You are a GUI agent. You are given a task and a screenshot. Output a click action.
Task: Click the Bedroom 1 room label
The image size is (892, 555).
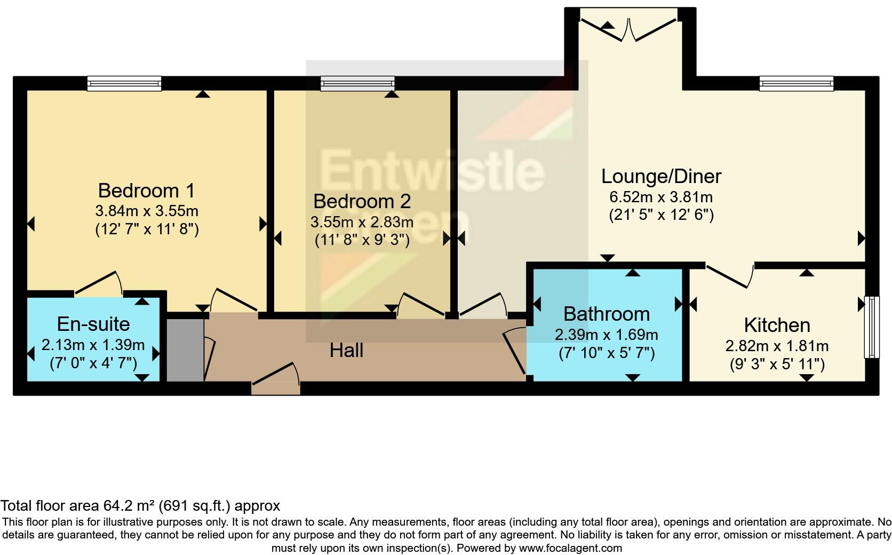click(146, 190)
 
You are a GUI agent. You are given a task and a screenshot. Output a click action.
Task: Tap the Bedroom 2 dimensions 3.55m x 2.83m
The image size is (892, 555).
click(362, 221)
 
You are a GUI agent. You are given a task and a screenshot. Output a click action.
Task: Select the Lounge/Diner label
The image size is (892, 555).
click(661, 176)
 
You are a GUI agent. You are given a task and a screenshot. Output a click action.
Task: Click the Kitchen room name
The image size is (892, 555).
click(777, 324)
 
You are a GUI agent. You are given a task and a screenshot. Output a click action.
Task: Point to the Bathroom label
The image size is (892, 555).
click(607, 314)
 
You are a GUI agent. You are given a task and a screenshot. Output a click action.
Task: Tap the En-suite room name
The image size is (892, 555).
click(93, 323)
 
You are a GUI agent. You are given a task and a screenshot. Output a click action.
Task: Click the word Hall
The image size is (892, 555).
click(346, 350)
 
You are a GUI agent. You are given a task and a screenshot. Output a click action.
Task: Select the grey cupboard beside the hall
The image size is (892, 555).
click(185, 350)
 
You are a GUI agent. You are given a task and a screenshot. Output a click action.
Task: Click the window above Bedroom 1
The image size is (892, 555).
click(124, 83)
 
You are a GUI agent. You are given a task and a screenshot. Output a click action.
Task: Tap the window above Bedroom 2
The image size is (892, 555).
click(357, 83)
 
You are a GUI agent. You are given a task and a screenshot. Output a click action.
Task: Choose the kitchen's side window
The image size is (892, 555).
click(871, 327)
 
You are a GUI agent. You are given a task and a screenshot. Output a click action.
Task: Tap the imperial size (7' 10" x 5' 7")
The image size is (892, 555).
click(607, 353)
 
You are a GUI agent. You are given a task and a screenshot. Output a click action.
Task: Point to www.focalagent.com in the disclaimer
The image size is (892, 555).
click(570, 548)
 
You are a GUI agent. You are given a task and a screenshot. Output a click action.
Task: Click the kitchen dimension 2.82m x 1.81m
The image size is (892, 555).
click(777, 346)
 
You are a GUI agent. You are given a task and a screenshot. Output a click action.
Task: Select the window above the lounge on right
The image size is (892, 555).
click(797, 83)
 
